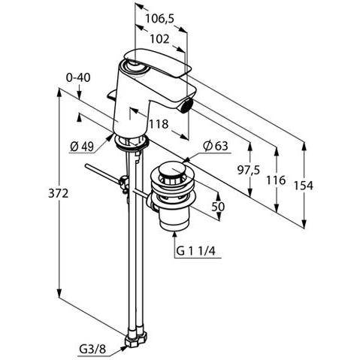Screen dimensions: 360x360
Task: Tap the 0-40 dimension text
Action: click(78, 77)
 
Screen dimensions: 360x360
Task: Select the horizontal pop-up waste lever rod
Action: click(105, 174)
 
